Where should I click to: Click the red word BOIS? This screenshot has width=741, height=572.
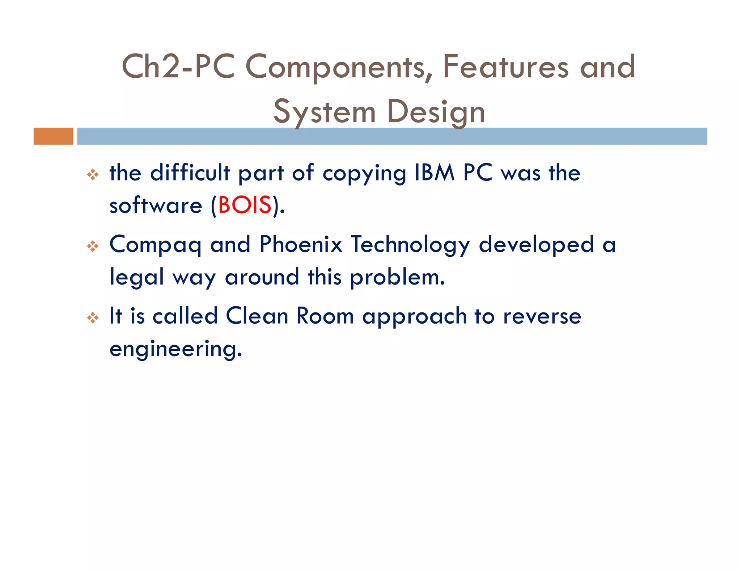coord(245,205)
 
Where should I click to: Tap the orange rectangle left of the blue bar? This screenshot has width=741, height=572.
coord(53,136)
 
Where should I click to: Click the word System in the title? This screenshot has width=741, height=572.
coord(325,112)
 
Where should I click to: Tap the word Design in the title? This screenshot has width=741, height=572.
coord(436,112)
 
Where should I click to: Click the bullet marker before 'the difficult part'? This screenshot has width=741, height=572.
coord(93,175)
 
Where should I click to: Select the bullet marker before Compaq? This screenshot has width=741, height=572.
coord(93,246)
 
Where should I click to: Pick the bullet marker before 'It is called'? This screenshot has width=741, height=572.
coord(93,318)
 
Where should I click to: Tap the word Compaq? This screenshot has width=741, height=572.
coord(155,245)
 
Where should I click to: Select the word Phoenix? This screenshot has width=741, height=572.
coord(301,244)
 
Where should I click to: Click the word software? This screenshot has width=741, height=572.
coord(156,205)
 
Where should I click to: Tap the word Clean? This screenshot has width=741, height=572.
coord(257,316)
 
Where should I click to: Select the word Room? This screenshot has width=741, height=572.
coord(325,316)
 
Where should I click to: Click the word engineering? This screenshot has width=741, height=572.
coord(175,349)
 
